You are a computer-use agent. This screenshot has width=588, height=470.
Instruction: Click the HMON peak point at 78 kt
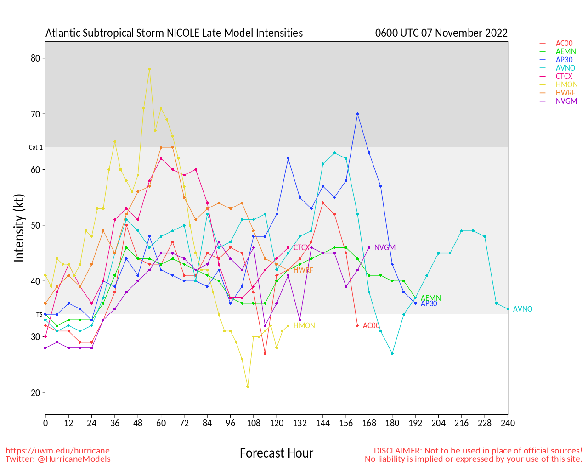[x=149, y=69]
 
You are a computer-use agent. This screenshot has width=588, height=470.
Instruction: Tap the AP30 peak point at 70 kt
[x=357, y=114]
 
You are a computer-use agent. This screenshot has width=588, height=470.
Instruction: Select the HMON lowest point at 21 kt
[x=248, y=387]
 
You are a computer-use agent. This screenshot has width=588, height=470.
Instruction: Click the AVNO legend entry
[x=565, y=68]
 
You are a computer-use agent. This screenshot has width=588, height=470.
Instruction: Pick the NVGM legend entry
[x=566, y=101]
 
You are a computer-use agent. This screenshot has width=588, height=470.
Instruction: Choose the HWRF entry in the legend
[x=565, y=93]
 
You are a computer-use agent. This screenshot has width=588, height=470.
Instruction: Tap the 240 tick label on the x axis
[x=508, y=423]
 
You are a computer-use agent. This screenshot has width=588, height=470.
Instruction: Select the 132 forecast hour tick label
[x=300, y=423]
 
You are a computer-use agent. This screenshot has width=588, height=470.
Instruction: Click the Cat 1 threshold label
[x=36, y=147]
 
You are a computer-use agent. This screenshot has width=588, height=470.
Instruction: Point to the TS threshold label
[x=40, y=314]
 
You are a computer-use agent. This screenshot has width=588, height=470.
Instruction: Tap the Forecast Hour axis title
[x=277, y=453]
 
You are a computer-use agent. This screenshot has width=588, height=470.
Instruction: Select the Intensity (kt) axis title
[x=19, y=228]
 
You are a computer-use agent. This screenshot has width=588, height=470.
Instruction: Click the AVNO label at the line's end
[x=523, y=309]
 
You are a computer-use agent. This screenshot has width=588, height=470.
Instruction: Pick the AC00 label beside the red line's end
[x=371, y=326]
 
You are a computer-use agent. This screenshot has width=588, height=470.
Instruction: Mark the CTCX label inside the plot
[x=301, y=248]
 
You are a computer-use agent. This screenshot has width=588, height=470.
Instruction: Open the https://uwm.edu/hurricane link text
[x=57, y=451]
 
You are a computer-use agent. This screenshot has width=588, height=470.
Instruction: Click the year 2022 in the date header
[x=496, y=33]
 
